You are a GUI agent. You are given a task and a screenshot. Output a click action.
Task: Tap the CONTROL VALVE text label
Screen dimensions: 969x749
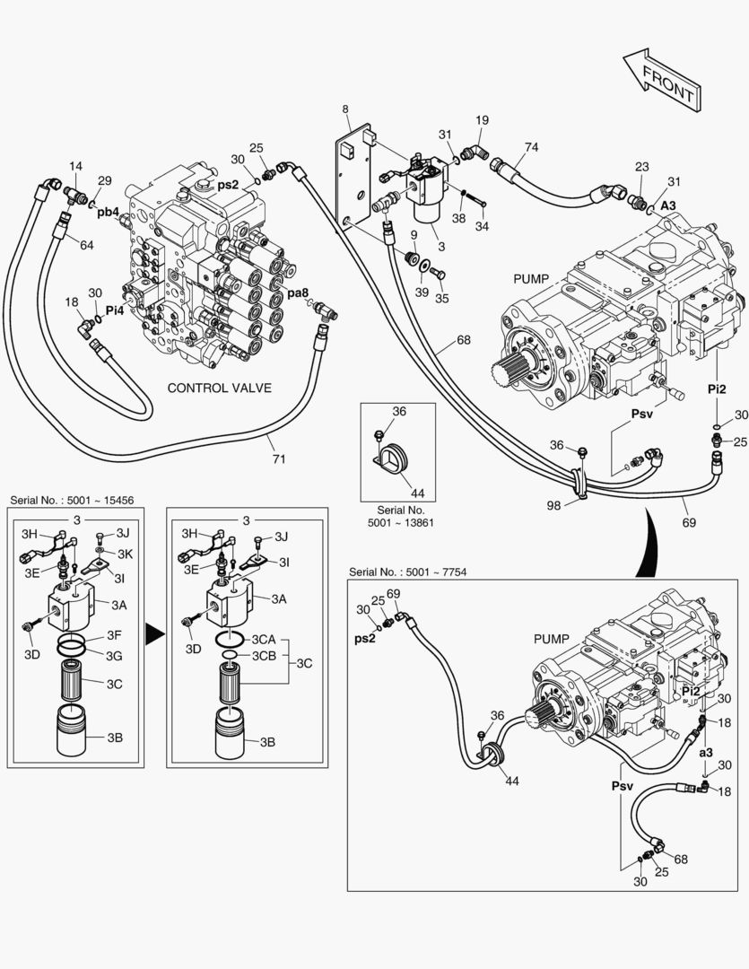coord(220,388)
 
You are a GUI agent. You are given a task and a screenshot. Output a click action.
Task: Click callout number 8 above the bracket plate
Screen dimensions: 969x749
coord(345,110)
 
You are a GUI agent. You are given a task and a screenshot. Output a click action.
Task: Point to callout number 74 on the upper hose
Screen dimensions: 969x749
coord(531,147)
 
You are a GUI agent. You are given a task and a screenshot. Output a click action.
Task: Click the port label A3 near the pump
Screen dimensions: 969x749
coord(668,205)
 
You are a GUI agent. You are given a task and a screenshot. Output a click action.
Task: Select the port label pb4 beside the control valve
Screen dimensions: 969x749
coord(109,212)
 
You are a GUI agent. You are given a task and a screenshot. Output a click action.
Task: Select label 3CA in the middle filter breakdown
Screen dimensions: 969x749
coord(263,639)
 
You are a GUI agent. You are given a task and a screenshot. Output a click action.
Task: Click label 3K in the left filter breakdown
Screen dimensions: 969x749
coord(125,553)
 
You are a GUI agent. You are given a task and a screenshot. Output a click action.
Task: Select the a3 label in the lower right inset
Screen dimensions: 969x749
coord(706,752)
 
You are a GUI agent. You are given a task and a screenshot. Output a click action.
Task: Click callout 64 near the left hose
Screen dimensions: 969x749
coord(86,245)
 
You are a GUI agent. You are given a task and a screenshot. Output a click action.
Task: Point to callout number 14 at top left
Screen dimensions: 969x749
coord(75,166)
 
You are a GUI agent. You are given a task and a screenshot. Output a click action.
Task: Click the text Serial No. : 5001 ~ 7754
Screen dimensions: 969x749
coord(407,572)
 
